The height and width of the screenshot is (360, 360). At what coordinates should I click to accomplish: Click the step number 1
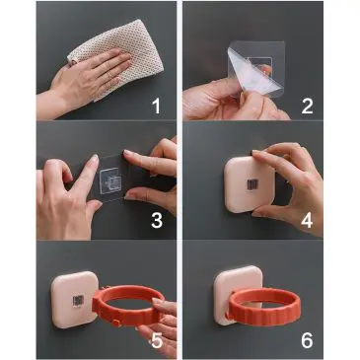pyautogui.click(x=156, y=107)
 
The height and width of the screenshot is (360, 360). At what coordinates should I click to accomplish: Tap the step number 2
pyautogui.click(x=307, y=107)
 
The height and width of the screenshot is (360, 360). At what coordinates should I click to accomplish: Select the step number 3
pyautogui.click(x=157, y=221)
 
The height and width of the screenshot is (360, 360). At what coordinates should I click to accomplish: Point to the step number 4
pyautogui.click(x=307, y=221)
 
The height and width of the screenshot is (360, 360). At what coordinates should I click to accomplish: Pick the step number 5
pyautogui.click(x=157, y=340)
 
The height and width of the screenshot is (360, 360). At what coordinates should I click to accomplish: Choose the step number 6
pyautogui.click(x=307, y=340)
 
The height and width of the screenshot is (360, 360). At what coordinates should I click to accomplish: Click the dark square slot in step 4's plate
pyautogui.click(x=252, y=185)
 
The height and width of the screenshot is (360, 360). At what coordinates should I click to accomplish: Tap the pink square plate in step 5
pyautogui.click(x=71, y=299)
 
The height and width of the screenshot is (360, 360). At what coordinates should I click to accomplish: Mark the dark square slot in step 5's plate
pyautogui.click(x=78, y=301)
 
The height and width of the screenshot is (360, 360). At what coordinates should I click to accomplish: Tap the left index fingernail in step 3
pyautogui.click(x=95, y=158)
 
